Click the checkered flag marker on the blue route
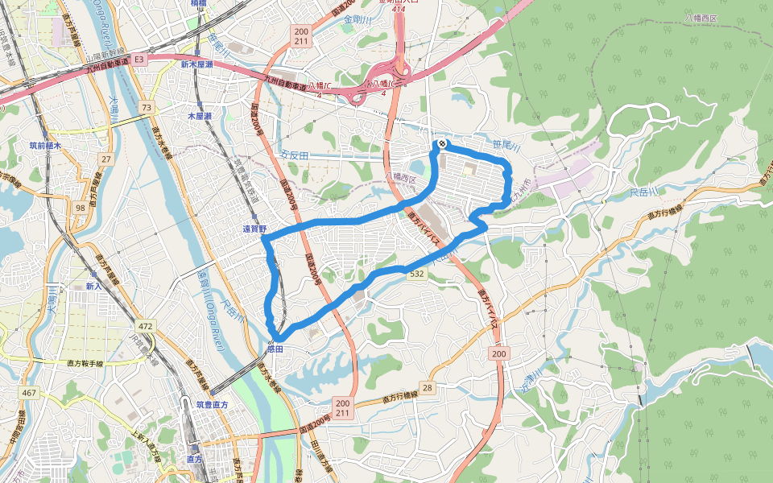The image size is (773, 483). tap(441, 144)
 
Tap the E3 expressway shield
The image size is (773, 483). tap(138, 59)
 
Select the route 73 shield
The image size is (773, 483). tap(146, 107)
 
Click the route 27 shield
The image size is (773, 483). tap(106, 160)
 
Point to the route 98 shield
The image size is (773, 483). tap(80, 208)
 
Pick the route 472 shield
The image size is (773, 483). tap(145, 326)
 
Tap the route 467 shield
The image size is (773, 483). tap(29, 392)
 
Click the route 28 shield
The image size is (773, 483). tap(427, 389)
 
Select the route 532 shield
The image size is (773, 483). tap(416, 275)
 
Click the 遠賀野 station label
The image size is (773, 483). tap(254, 229)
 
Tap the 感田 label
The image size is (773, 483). tap(275, 349)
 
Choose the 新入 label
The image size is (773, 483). tap(93, 286)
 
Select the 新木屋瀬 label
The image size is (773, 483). tap(196, 64)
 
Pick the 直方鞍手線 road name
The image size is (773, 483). tap(81, 364)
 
